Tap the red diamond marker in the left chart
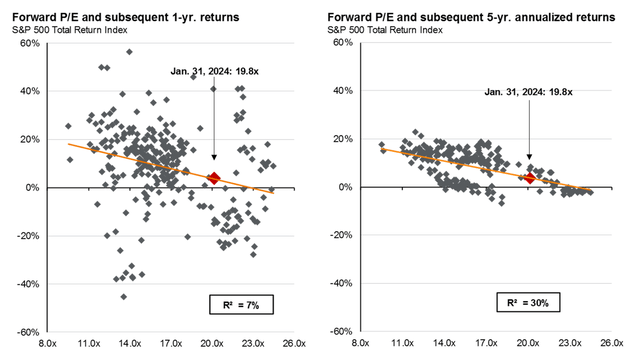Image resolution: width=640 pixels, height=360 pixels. coord(213,178)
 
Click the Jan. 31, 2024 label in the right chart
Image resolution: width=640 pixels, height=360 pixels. coord(521,92)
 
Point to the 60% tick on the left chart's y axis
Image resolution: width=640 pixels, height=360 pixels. coord(26,43)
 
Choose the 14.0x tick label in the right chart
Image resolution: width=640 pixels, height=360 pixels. coord(447,343)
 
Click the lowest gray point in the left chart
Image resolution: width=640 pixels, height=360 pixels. coord(124,296)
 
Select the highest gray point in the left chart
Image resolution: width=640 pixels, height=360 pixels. coord(129,52)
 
